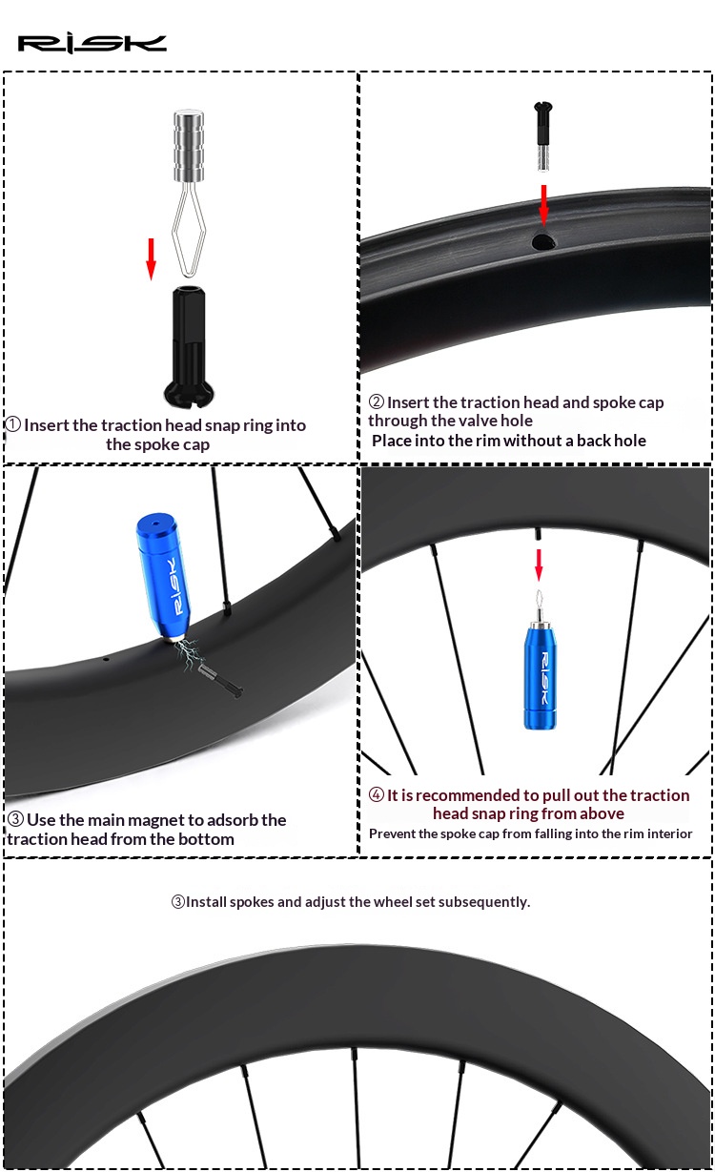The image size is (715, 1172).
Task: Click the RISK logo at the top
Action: coord(92,44)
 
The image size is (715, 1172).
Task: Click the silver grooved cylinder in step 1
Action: coord(189,145)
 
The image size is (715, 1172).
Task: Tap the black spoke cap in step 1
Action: coord(189,346)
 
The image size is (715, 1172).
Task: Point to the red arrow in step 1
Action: coord(152,259)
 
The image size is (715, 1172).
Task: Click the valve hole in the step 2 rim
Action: coord(543,241)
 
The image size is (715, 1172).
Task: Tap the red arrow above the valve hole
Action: coord(544,205)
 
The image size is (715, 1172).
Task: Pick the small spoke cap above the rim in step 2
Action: coord(542,135)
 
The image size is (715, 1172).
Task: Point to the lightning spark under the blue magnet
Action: coord(190,653)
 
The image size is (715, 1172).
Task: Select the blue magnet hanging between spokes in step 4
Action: coord(541,675)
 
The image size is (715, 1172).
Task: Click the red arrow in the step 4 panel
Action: coord(539,565)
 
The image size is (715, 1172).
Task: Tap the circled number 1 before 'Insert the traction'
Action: coord(13,424)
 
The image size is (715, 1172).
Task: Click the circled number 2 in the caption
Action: coord(376,401)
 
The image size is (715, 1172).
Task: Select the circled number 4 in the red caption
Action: coord(376,794)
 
